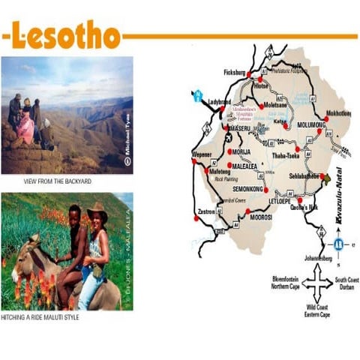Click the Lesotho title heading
(66, 35)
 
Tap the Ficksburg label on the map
(235, 73)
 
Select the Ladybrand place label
(220, 101)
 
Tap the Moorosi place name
(260, 216)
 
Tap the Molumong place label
(310, 124)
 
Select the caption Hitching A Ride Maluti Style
(51, 317)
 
